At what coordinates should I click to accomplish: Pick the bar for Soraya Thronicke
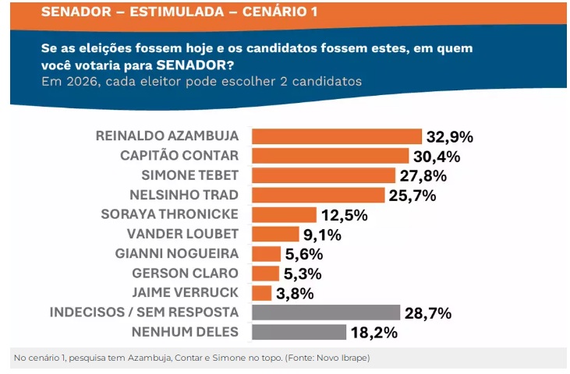pos(284,214)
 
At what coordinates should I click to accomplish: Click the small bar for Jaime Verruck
pos(262,293)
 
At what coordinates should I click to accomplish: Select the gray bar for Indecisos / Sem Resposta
pos(326,312)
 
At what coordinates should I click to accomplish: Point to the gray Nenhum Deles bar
pos(299,332)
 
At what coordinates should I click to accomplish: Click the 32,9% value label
pos(449,137)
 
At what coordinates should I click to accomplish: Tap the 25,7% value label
pos(412,196)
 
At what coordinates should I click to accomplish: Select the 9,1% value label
pos(320,235)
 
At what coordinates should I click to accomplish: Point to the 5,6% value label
pos(302,254)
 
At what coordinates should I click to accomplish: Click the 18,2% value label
pos(374,333)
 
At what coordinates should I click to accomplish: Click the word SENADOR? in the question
pos(199,64)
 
